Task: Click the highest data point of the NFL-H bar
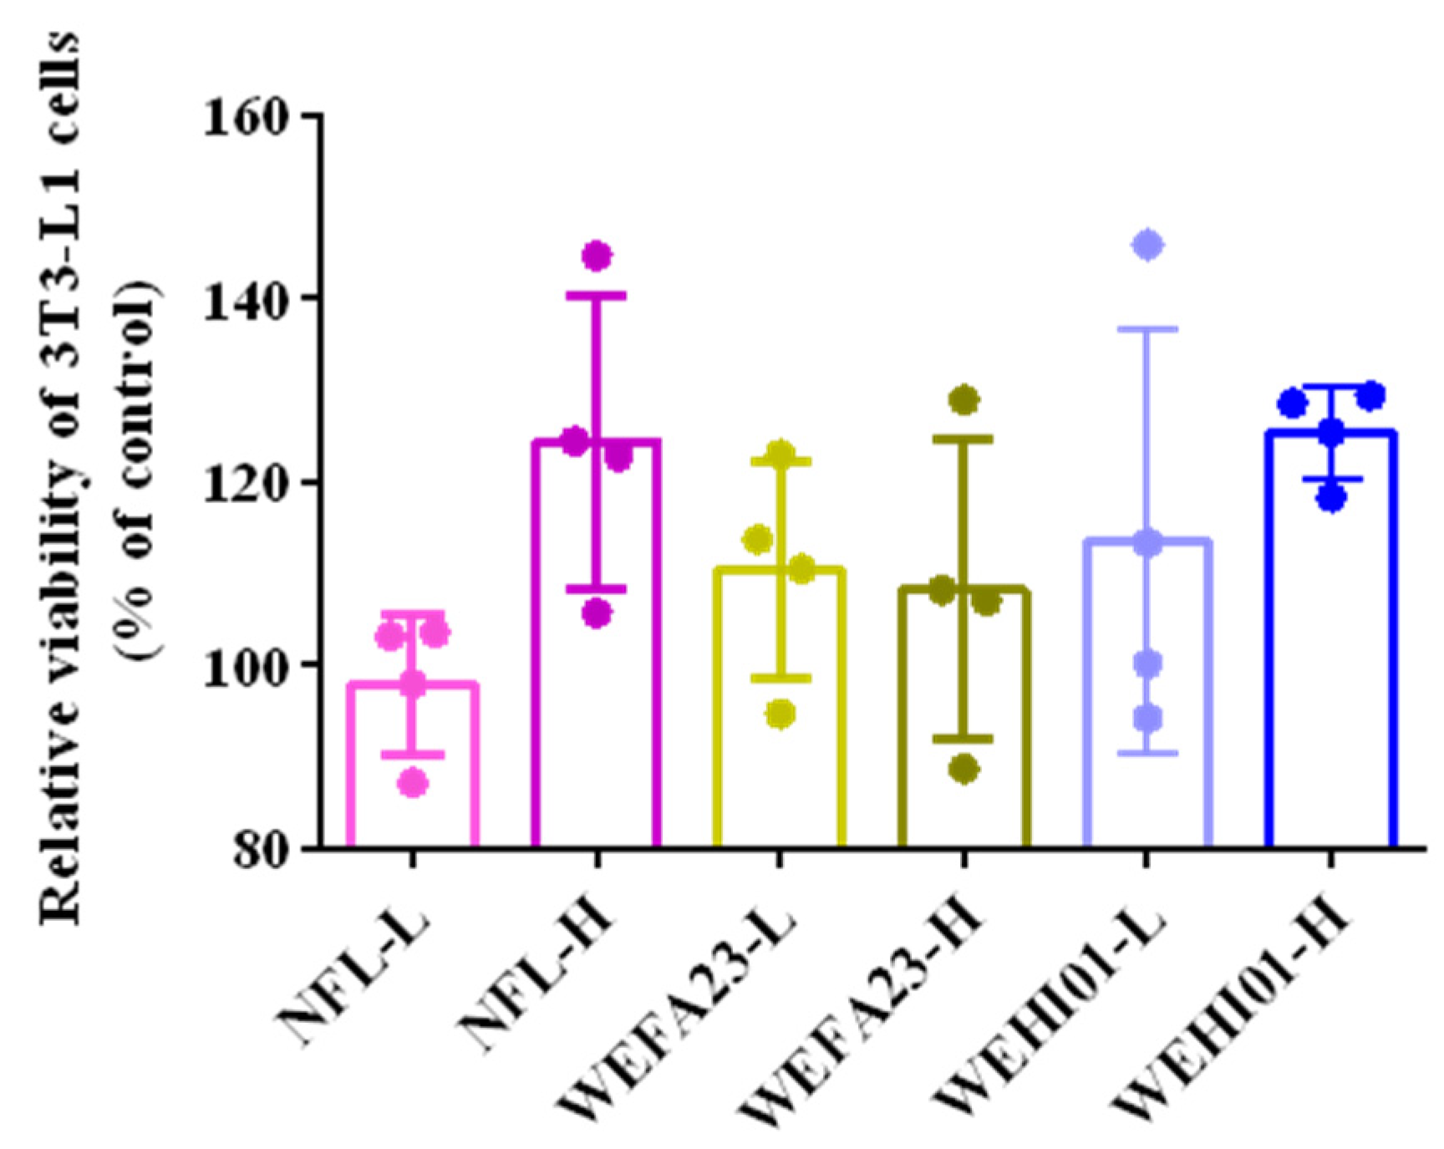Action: click(597, 256)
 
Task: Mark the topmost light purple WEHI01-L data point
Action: click(1147, 246)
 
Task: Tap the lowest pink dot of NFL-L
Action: click(413, 783)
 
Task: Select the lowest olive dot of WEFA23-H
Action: click(964, 769)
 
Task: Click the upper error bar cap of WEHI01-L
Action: click(1147, 329)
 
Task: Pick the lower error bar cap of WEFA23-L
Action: click(780, 678)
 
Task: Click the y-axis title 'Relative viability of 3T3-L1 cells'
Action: click(62, 476)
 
